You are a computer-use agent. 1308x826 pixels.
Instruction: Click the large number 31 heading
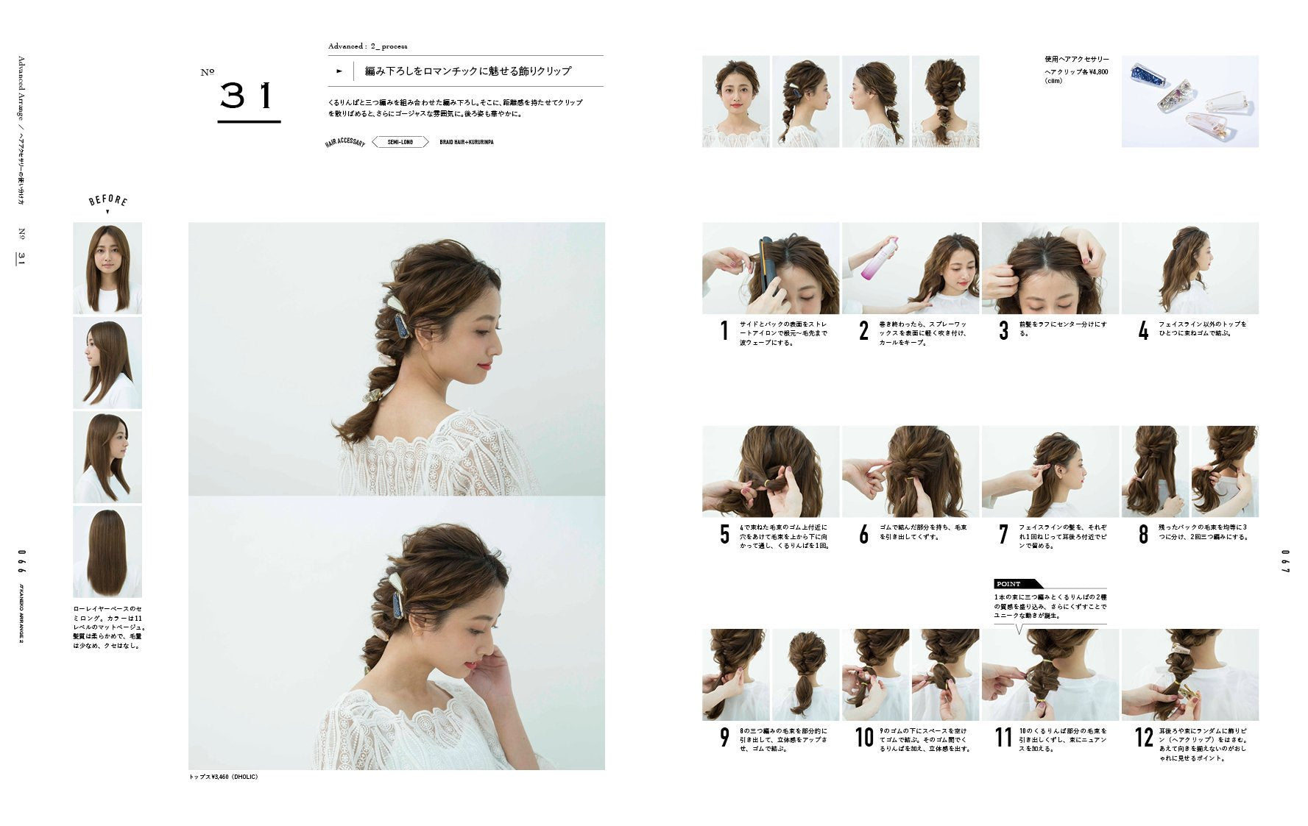[x=248, y=96]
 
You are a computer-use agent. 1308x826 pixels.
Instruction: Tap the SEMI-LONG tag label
[x=400, y=142]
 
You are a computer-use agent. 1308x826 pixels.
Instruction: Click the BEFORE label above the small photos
[x=107, y=200]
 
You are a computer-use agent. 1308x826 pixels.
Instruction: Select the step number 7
[x=1003, y=535]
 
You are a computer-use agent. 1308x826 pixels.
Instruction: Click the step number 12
[x=1143, y=737]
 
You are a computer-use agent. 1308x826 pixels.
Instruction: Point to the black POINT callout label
[x=1010, y=584]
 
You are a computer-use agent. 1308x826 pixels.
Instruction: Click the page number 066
[x=22, y=561]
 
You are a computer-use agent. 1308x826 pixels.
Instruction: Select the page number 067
[x=1285, y=561]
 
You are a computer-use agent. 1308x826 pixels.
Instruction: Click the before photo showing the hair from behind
[x=107, y=552]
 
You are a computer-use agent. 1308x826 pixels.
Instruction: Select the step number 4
[x=1143, y=332]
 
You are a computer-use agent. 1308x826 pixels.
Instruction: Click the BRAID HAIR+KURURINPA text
[x=466, y=142]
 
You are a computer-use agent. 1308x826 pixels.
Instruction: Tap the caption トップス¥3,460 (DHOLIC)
[x=224, y=777]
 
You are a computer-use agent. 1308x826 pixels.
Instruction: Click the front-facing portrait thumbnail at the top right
[x=735, y=102]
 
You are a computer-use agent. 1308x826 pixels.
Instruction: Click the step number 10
[x=863, y=737]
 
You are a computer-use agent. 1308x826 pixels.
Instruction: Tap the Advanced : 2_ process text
[x=367, y=46]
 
